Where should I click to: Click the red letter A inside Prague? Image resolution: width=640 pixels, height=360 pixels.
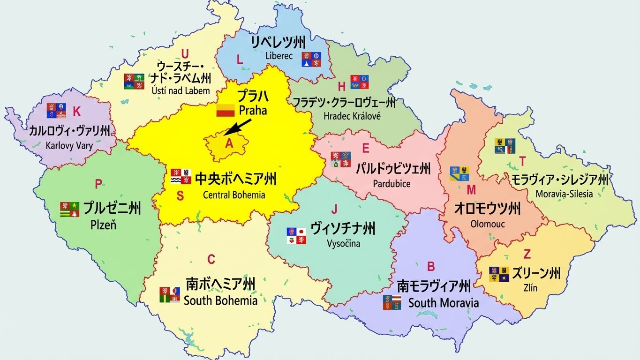click(x=229, y=144)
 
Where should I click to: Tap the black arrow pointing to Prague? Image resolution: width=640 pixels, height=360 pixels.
click(x=238, y=127)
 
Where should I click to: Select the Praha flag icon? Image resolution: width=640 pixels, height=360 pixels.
click(x=225, y=111)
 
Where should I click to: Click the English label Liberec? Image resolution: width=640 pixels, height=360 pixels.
click(x=279, y=56)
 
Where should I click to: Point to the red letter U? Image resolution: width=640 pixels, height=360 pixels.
click(x=185, y=53)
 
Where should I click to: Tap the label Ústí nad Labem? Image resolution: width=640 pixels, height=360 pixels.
click(x=181, y=90)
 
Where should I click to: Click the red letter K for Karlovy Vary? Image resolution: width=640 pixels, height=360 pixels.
click(x=77, y=112)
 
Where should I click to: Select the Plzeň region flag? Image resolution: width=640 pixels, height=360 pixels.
click(x=69, y=209)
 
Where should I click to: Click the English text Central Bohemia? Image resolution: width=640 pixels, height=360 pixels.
click(x=234, y=195)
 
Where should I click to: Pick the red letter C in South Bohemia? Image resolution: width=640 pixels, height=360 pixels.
click(x=211, y=259)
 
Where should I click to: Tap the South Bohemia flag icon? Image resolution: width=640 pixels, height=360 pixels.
click(x=169, y=294)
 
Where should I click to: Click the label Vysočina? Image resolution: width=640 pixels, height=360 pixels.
click(x=344, y=243)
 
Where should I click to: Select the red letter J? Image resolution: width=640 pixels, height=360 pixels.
click(x=334, y=209)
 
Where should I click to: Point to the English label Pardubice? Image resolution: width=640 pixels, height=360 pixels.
click(x=392, y=184)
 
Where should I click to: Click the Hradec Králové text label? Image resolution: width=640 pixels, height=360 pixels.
click(x=352, y=116)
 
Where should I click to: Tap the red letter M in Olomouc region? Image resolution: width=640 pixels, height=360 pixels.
click(x=471, y=190)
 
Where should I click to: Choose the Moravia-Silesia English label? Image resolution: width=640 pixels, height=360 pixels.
click(x=564, y=194)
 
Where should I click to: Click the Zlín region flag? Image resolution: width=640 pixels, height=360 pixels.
click(x=499, y=274)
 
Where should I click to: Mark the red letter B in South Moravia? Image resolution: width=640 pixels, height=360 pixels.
click(x=430, y=267)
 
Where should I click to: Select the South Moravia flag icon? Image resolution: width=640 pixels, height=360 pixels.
click(x=392, y=302)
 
